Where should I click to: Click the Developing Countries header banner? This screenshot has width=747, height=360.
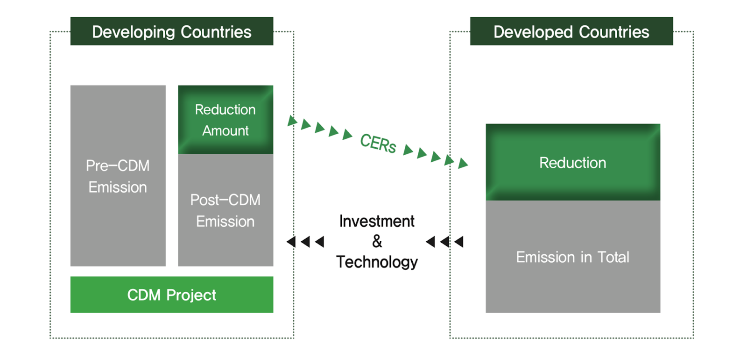coord(171,31)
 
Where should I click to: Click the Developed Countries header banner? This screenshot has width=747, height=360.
coord(571,31)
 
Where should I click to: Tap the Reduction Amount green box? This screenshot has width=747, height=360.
coord(226,120)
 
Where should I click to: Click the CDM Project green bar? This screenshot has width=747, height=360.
coord(171,295)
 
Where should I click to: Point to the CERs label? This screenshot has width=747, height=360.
coord(378,143)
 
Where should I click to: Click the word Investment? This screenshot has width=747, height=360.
coord(377,221)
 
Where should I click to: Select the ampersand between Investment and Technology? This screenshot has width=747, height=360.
coord(377,241)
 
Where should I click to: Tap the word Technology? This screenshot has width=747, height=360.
coord(377,262)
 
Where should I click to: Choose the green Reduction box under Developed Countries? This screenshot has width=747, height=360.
coord(572,162)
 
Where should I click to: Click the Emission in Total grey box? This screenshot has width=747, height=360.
coord(572,281)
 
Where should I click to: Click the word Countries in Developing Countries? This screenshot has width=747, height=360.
coord(216,32)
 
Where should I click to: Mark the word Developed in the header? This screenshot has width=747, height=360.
coord(533,32)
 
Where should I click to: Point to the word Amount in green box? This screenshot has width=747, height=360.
coord(226,130)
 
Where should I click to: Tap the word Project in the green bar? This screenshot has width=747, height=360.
coord(191,295)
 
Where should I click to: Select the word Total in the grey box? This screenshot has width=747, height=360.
coord(613,257)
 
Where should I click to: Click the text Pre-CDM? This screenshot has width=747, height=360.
coord(118,166)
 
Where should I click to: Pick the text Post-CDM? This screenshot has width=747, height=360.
coord(226,200)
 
